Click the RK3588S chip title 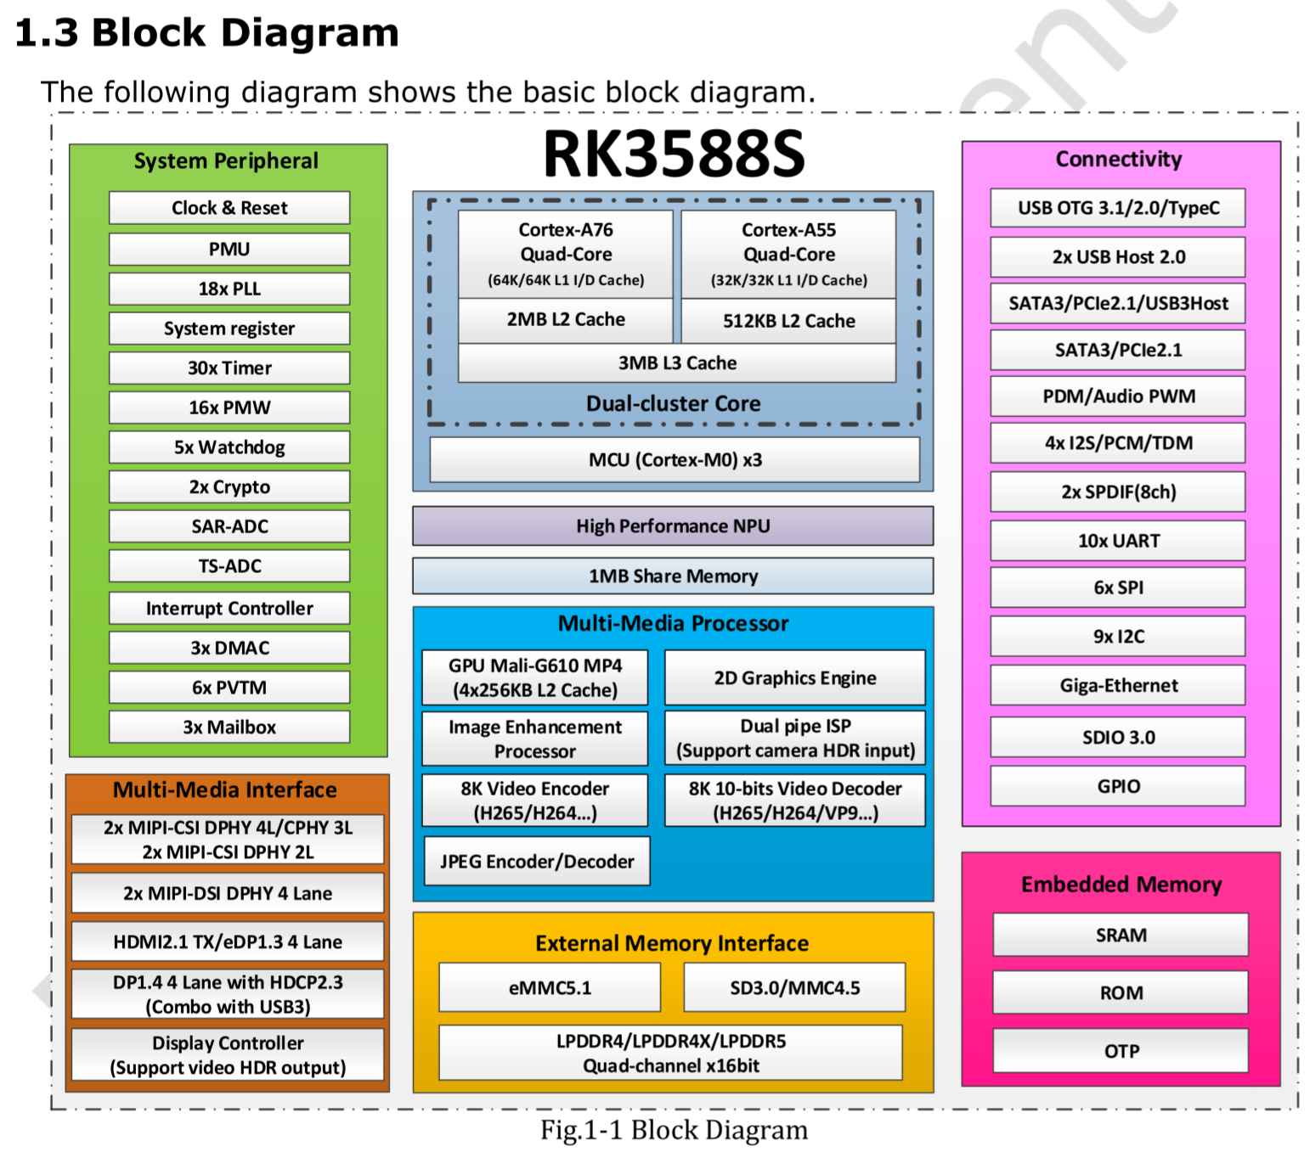pyautogui.click(x=674, y=155)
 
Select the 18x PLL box pyautogui.click(x=229, y=289)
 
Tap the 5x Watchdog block pyautogui.click(x=229, y=447)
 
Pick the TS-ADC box pyautogui.click(x=229, y=566)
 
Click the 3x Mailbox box pyautogui.click(x=229, y=728)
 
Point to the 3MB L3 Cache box pyautogui.click(x=677, y=363)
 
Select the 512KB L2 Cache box pyautogui.click(x=788, y=321)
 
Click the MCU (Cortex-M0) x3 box pyautogui.click(x=675, y=460)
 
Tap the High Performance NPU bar pyautogui.click(x=673, y=526)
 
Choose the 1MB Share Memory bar pyautogui.click(x=673, y=576)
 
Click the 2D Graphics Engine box pyautogui.click(x=794, y=678)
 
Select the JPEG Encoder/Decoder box pyautogui.click(x=537, y=862)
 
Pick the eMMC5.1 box pyautogui.click(x=550, y=988)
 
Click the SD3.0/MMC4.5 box pyautogui.click(x=794, y=988)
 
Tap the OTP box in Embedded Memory pyautogui.click(x=1121, y=1052)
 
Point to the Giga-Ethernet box pyautogui.click(x=1118, y=686)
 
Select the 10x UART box pyautogui.click(x=1118, y=541)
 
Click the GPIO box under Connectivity pyautogui.click(x=1118, y=787)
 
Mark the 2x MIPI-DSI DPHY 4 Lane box pyautogui.click(x=228, y=894)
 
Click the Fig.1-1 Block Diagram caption pyautogui.click(x=674, y=1130)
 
